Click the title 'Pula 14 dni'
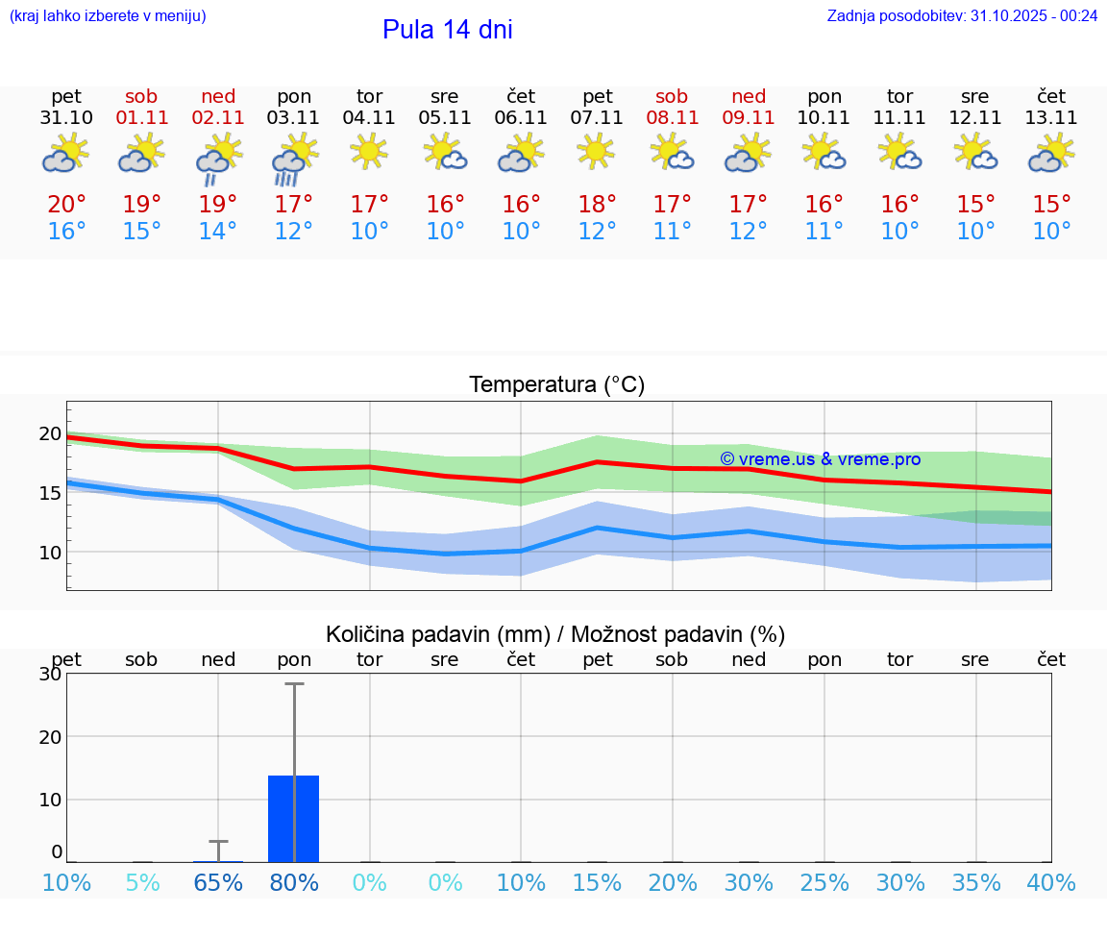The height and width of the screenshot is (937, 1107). pyautogui.click(x=447, y=30)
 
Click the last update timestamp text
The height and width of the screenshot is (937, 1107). pyautogui.click(x=962, y=16)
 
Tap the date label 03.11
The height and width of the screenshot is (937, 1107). pyautogui.click(x=294, y=118)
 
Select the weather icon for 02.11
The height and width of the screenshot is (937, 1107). pyautogui.click(x=218, y=159)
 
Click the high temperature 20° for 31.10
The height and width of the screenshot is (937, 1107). pyautogui.click(x=66, y=204)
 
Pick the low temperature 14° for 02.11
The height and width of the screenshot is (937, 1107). pyautogui.click(x=218, y=232)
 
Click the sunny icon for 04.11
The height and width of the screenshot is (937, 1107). pyautogui.click(x=369, y=151)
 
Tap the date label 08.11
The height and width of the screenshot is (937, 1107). pyautogui.click(x=672, y=118)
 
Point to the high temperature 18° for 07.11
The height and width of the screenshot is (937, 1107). pyautogui.click(x=597, y=204)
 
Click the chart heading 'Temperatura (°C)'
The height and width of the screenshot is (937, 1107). pyautogui.click(x=556, y=385)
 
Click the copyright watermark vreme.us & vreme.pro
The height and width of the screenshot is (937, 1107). pyautogui.click(x=820, y=459)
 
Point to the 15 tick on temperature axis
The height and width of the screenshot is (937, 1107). pyautogui.click(x=50, y=493)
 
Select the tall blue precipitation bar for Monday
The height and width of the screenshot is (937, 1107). pyautogui.click(x=294, y=819)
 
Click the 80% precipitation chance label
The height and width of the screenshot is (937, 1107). pyautogui.click(x=294, y=883)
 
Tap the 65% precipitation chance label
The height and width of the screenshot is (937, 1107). pyautogui.click(x=218, y=883)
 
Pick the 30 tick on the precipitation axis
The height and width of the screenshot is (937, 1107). pyautogui.click(x=50, y=675)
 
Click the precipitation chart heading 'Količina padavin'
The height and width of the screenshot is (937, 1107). pyautogui.click(x=555, y=634)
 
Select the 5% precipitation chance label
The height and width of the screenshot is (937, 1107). pyautogui.click(x=142, y=883)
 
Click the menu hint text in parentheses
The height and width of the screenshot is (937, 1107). pyautogui.click(x=108, y=16)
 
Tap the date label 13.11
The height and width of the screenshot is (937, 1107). pyautogui.click(x=1051, y=118)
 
